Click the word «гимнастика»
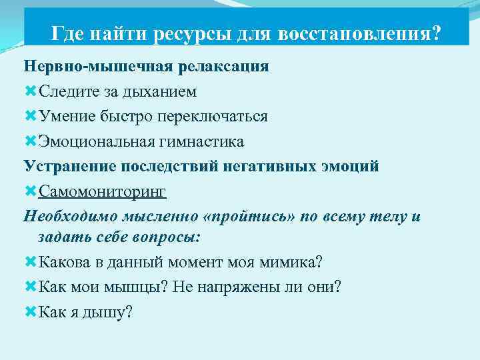199,141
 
